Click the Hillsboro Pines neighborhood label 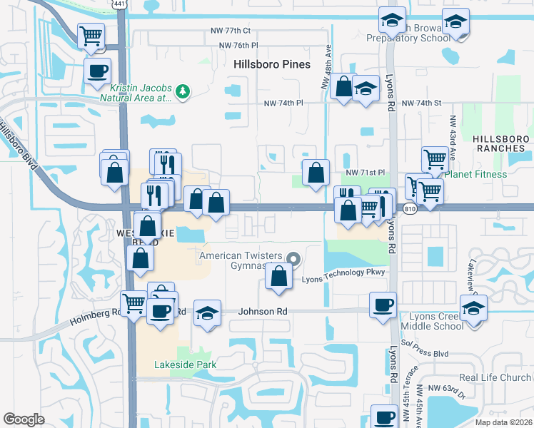tap(272, 64)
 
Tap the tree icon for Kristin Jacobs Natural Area tap(183, 91)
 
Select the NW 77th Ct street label tap(231, 31)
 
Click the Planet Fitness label tap(476, 174)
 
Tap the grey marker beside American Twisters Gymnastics tap(293, 259)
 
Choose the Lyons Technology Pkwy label tap(343, 272)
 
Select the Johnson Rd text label tap(262, 312)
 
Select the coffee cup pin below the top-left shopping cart tap(98, 70)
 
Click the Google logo tap(24, 419)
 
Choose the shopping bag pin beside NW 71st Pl tap(316, 172)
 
